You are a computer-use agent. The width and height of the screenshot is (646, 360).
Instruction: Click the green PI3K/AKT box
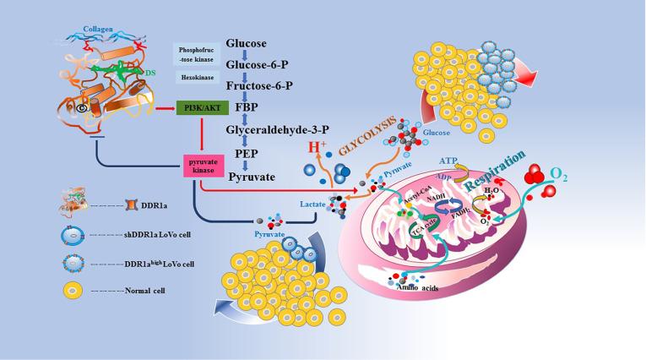pos(197,108)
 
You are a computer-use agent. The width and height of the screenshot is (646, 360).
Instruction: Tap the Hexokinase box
pos(196,76)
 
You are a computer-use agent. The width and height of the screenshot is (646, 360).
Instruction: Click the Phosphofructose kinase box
pos(196,55)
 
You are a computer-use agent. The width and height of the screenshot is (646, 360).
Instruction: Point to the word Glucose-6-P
pos(258,64)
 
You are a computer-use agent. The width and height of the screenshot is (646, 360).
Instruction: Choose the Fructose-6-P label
pos(260,85)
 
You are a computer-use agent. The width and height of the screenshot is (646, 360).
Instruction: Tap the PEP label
pos(247,154)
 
